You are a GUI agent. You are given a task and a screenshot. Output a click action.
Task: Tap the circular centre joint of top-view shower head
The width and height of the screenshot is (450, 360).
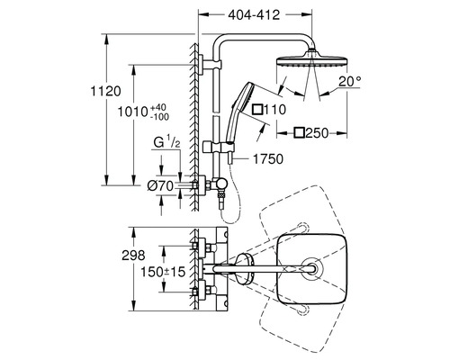click(310, 267)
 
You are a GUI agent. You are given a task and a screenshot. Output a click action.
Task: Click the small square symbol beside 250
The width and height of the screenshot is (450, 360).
click(298, 132)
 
